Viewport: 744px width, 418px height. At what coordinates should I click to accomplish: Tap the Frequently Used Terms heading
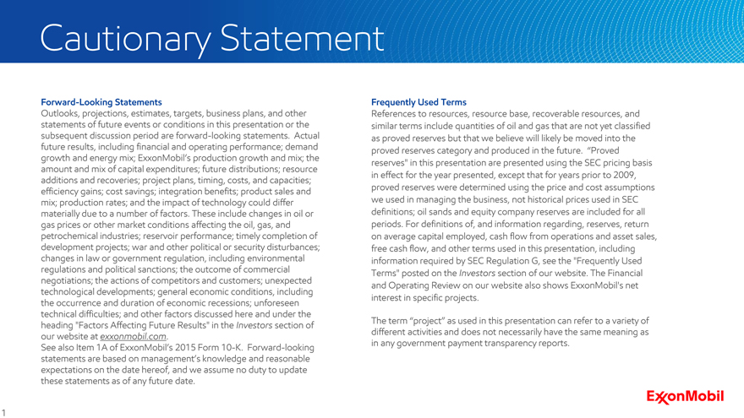point(418,102)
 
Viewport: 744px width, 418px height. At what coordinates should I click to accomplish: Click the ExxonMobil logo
point(685,397)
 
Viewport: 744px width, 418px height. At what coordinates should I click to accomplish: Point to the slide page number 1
point(5,411)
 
